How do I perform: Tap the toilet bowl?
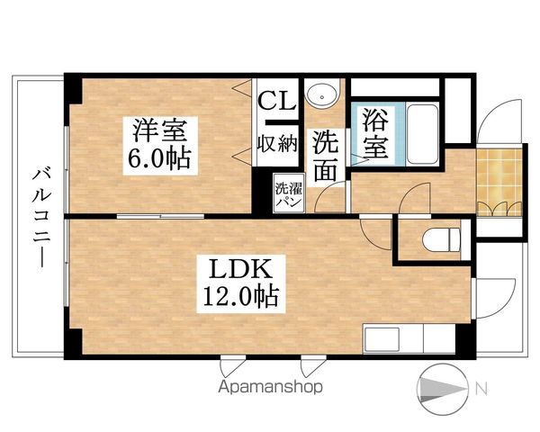click(x=440, y=241)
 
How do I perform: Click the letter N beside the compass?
click(x=481, y=390)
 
